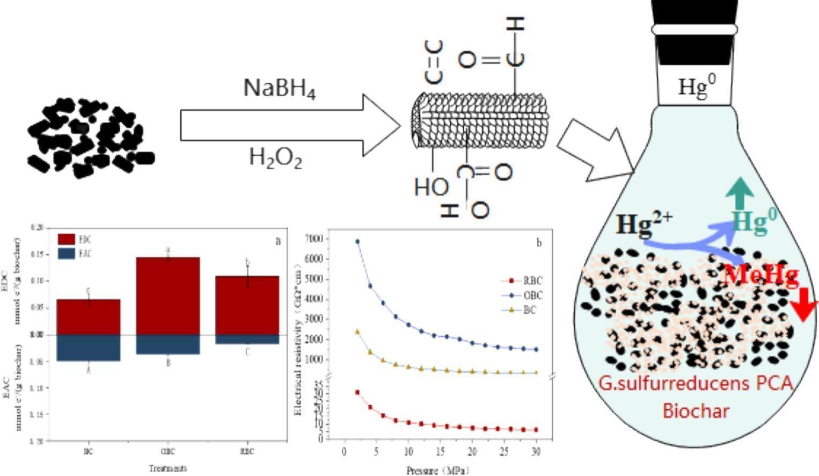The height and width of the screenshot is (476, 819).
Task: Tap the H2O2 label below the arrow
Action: (275, 158)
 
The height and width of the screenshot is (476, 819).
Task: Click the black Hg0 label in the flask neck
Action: (697, 86)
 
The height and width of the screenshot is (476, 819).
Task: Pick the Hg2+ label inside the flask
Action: (643, 225)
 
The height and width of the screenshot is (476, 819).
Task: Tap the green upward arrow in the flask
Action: (741, 193)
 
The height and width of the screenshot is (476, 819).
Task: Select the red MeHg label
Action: (761, 276)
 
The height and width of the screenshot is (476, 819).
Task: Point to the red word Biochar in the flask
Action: (696, 411)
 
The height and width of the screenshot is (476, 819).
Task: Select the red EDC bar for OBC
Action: (168, 295)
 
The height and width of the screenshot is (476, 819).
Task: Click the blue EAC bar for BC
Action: (89, 348)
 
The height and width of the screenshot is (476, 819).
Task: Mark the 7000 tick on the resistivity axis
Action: (315, 238)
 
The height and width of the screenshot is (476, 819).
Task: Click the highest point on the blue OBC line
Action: (357, 242)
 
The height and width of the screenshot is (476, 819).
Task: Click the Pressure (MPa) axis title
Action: (437, 471)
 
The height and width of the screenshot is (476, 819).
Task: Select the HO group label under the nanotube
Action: (431, 187)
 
